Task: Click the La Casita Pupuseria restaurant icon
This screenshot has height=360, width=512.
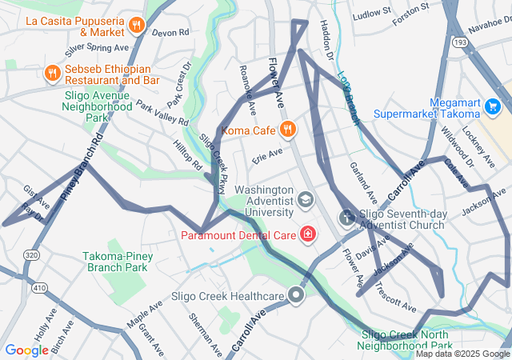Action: click(x=137, y=25)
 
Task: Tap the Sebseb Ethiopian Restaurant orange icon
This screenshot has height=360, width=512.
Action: click(x=52, y=73)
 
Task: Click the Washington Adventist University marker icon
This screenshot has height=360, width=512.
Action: click(x=305, y=198)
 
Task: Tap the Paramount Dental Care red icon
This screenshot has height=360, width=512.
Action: click(x=307, y=234)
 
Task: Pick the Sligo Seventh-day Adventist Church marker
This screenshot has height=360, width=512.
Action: click(x=346, y=217)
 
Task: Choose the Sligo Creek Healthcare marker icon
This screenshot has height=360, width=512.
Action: click(x=297, y=296)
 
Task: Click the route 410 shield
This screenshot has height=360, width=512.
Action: click(x=38, y=286)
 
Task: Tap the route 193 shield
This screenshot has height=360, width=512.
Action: click(x=482, y=40)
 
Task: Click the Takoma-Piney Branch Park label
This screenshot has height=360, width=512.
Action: click(x=117, y=262)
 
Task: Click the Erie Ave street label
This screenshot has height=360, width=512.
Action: click(x=267, y=154)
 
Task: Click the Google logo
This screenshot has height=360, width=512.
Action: click(x=26, y=350)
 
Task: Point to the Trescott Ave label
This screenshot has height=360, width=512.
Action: click(x=395, y=298)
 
